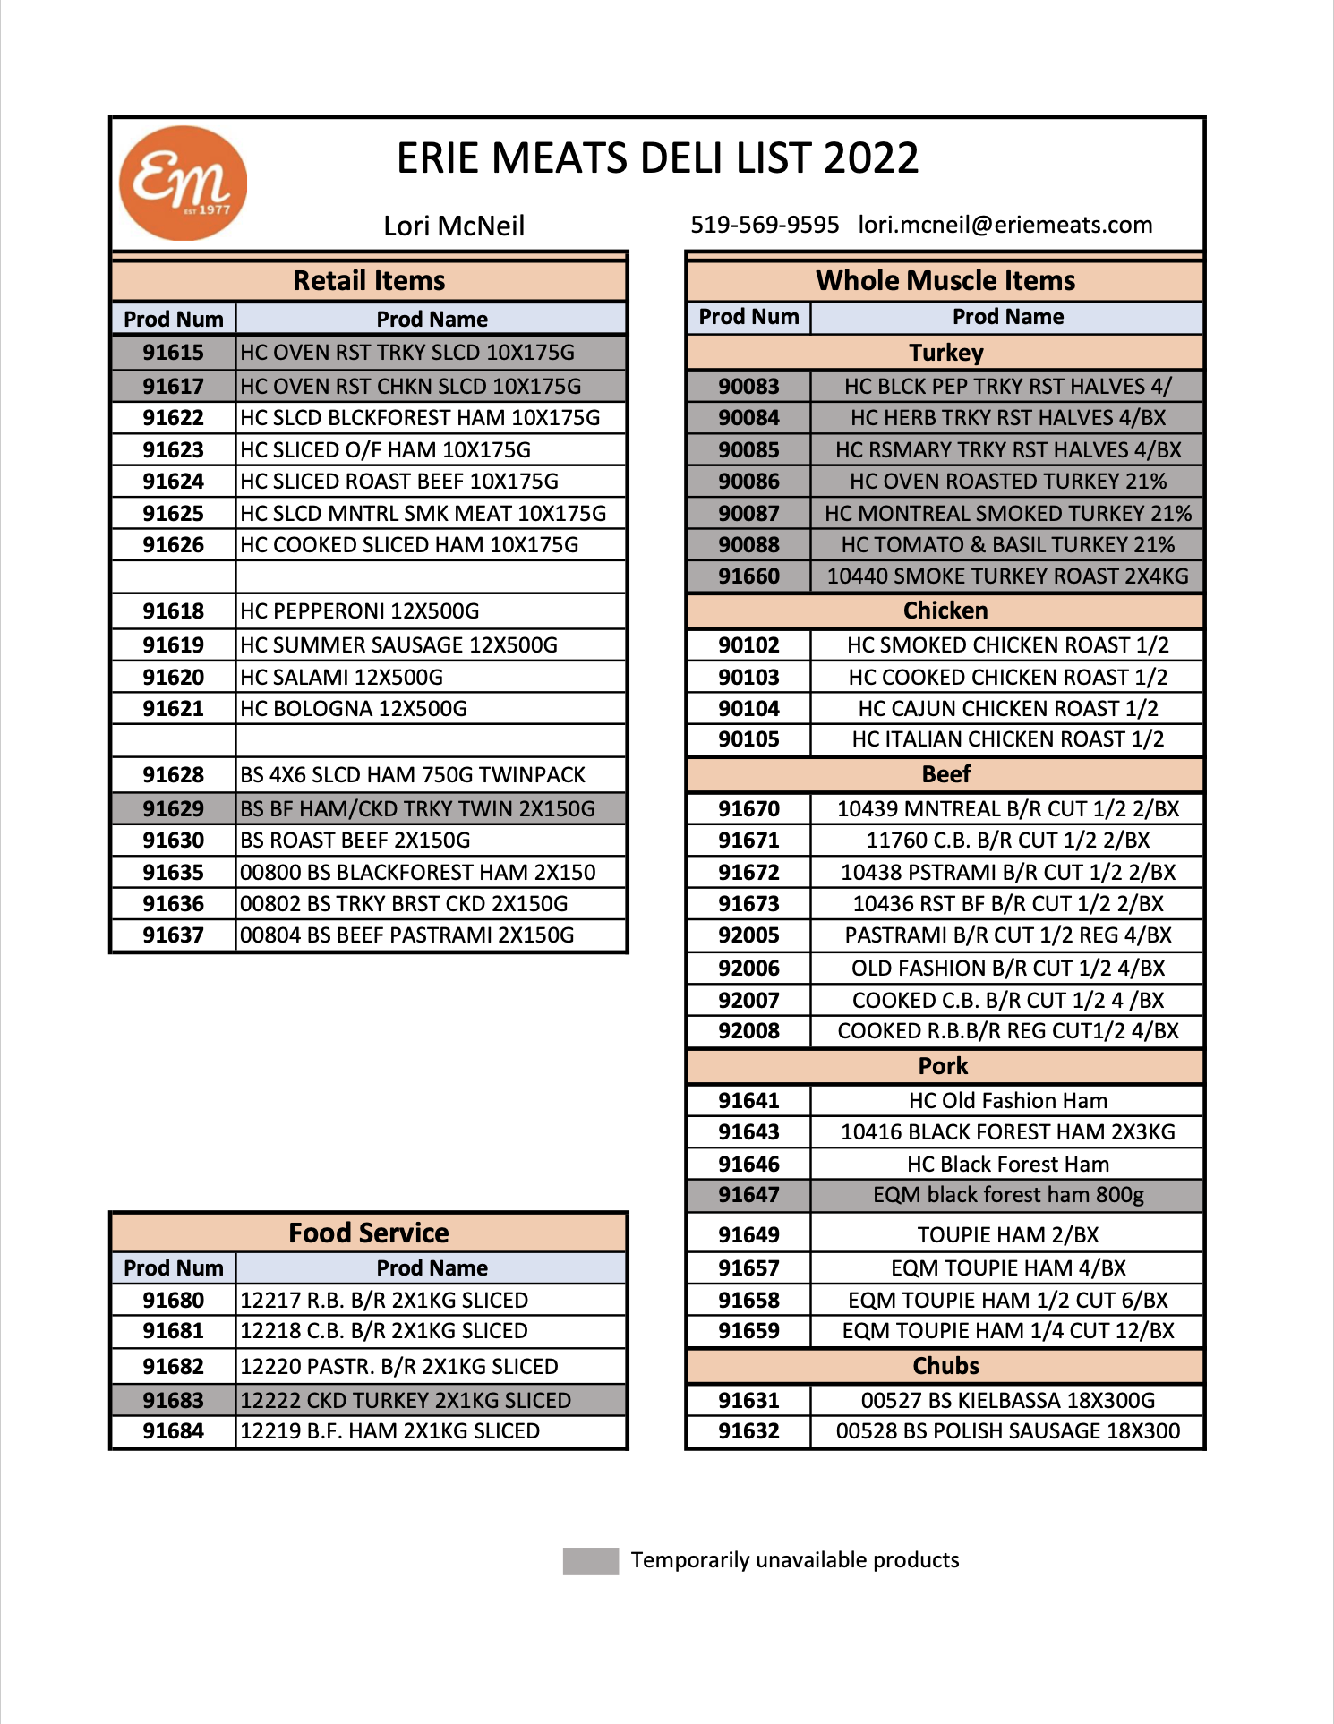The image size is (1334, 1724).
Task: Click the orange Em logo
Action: [183, 183]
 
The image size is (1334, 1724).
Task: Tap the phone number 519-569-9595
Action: [765, 225]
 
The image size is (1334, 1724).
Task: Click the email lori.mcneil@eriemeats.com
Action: [1005, 225]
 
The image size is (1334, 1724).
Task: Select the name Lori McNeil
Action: [454, 226]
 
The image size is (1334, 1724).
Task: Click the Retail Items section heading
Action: [369, 281]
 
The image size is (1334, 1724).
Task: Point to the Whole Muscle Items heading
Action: [945, 281]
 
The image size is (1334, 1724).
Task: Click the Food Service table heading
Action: [369, 1233]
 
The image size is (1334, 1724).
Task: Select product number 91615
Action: [174, 353]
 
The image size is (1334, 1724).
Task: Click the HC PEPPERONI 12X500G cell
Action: [360, 611]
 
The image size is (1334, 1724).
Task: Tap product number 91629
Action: [174, 809]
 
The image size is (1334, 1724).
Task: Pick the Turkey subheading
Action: [945, 353]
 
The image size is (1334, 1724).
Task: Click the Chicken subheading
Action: [945, 610]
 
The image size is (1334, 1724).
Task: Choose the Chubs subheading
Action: [945, 1366]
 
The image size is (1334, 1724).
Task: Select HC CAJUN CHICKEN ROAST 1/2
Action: [1008, 709]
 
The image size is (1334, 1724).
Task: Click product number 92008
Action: [748, 1031]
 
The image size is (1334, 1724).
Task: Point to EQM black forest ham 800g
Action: [1008, 1195]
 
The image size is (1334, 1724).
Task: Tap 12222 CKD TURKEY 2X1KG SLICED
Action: [406, 1401]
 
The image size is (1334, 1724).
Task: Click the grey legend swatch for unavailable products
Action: [590, 1560]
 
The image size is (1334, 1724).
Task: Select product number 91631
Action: [748, 1401]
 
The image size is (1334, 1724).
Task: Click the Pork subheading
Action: [944, 1066]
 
